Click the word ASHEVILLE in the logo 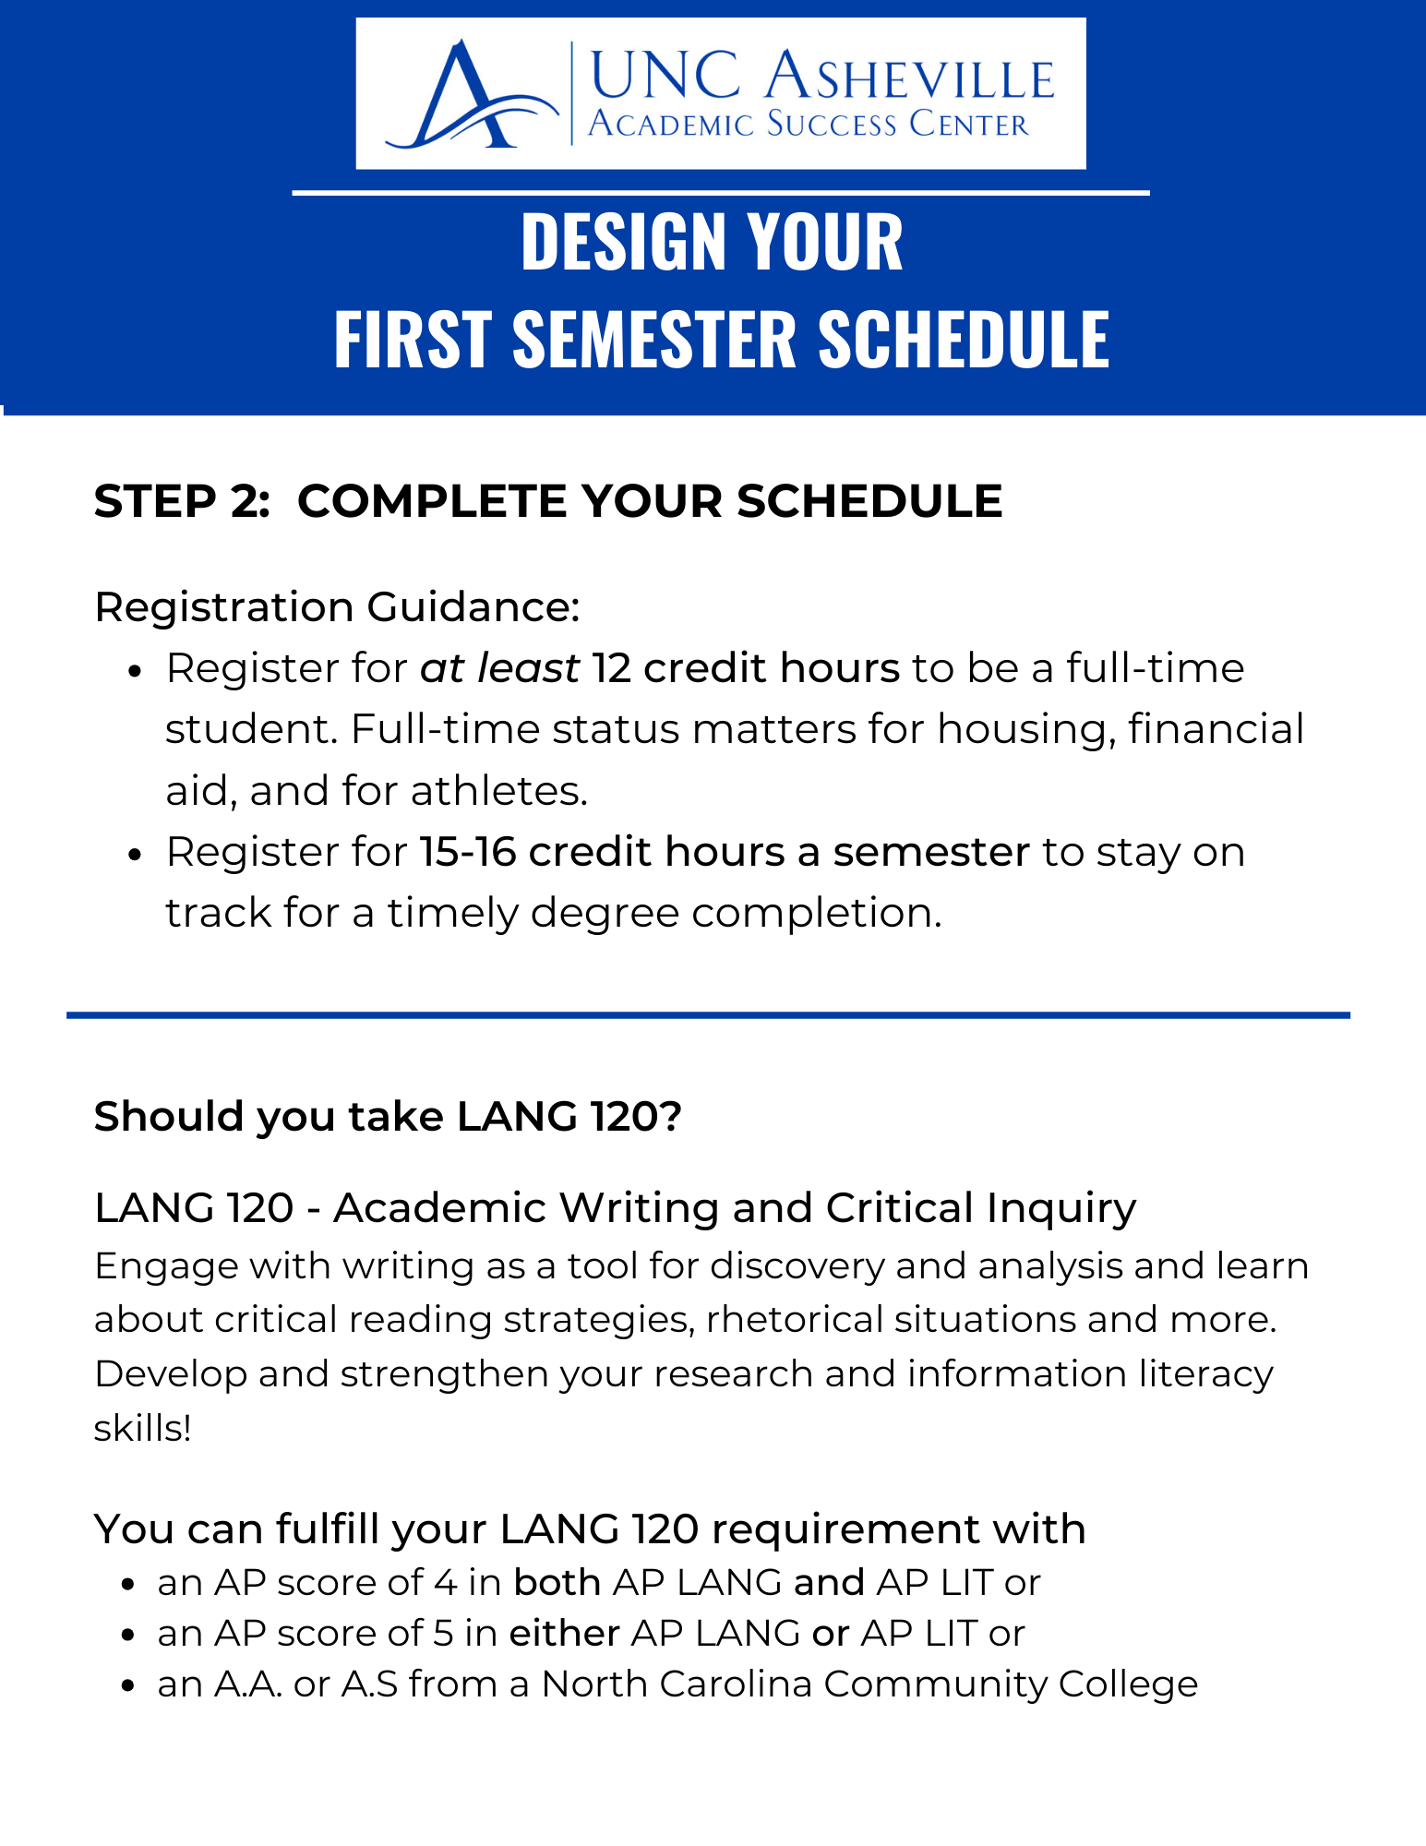click(x=909, y=76)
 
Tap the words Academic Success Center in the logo click(x=808, y=124)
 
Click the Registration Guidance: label click(x=337, y=607)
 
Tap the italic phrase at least click(x=499, y=668)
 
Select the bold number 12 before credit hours click(x=611, y=668)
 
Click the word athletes click(x=498, y=791)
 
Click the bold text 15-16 click(x=467, y=852)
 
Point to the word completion click(x=817, y=913)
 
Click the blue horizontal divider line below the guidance click(x=708, y=1015)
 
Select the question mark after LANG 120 click(x=671, y=1117)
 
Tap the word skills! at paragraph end click(x=143, y=1428)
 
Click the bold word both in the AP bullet click(x=557, y=1583)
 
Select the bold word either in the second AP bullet click(x=564, y=1634)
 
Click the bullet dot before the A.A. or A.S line click(x=129, y=1685)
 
